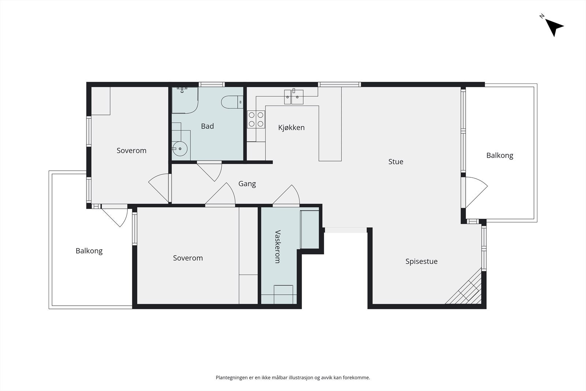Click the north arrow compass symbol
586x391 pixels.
[553, 27]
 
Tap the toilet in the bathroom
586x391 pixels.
[232, 102]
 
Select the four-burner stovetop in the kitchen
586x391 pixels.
[256, 119]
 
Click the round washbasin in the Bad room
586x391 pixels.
[180, 149]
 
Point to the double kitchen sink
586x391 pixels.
[294, 97]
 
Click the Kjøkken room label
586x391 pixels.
[291, 128]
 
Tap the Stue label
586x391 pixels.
[396, 162]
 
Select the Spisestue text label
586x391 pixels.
[421, 261]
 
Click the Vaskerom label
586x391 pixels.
[278, 247]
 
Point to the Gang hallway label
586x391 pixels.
[247, 184]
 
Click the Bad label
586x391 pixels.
[207, 126]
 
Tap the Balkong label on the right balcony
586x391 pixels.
[500, 155]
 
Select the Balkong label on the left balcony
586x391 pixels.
[89, 251]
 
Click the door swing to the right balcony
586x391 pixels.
[476, 192]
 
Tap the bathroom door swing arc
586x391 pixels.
[209, 171]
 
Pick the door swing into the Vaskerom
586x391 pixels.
[286, 195]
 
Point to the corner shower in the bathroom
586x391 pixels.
[185, 100]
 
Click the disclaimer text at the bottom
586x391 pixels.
[293, 377]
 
